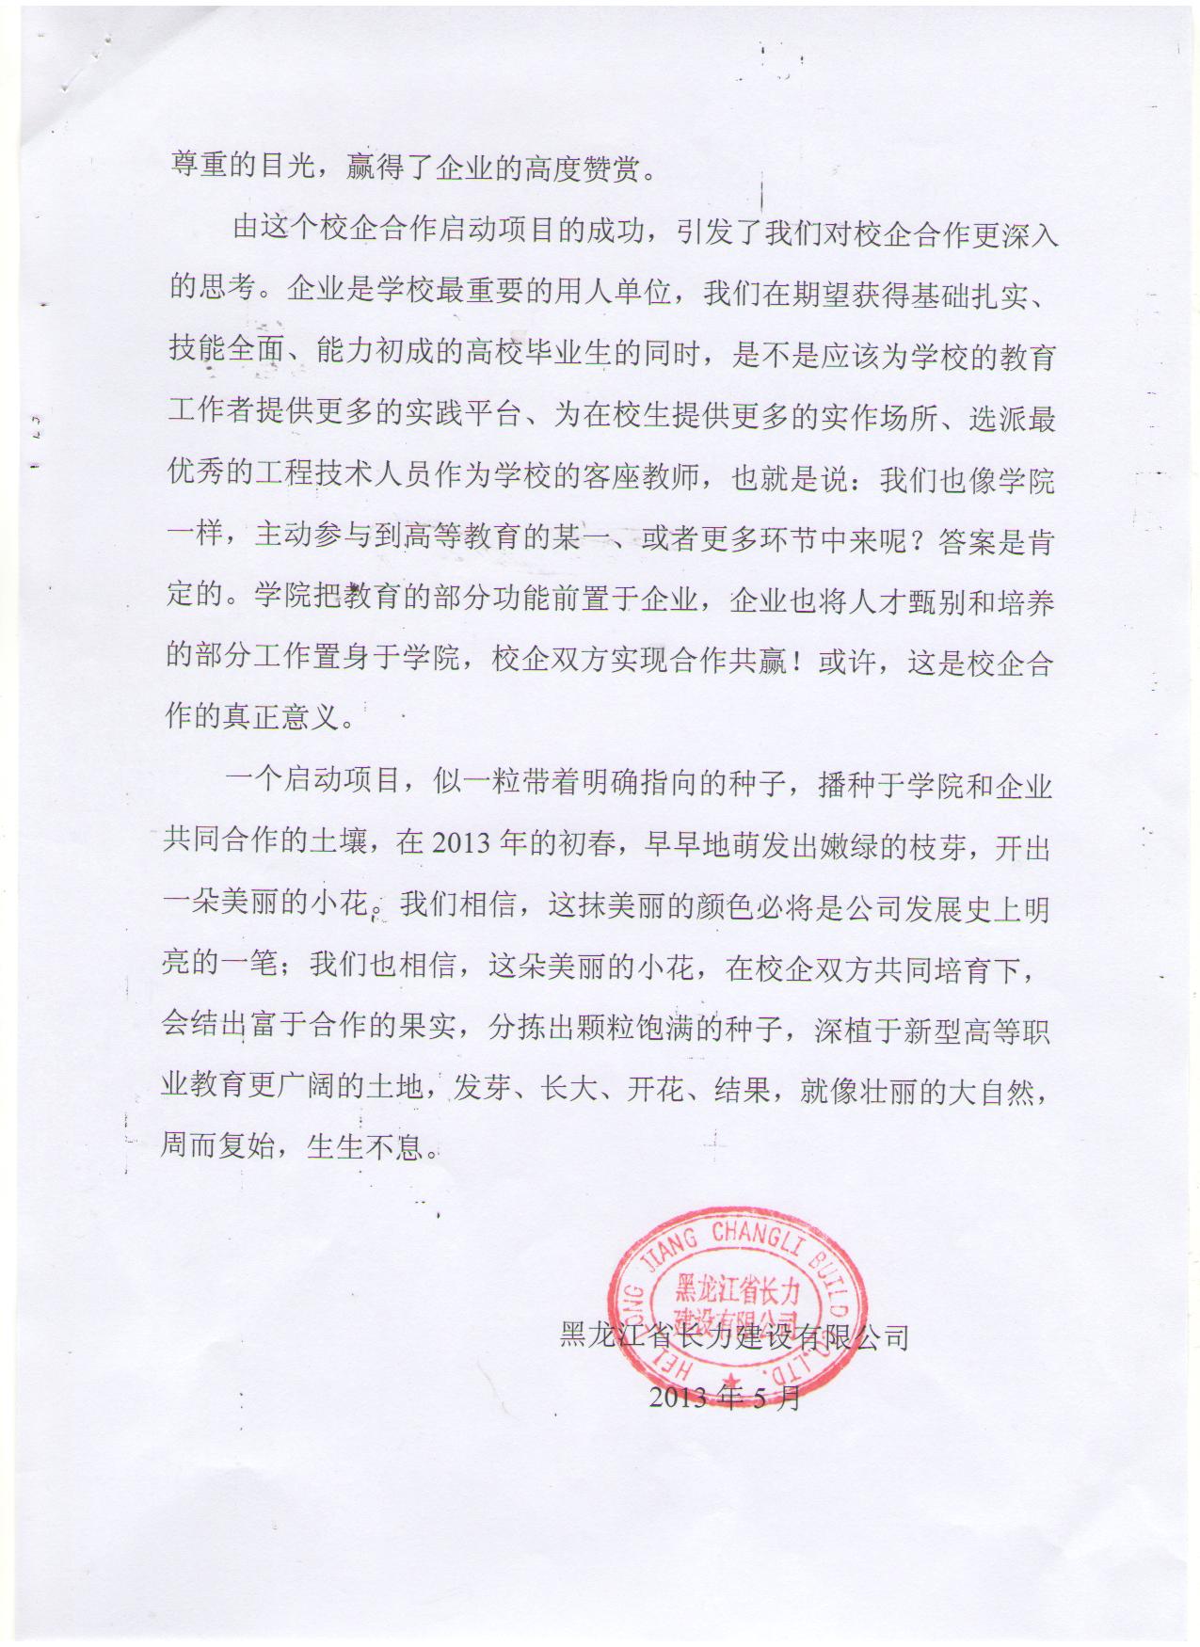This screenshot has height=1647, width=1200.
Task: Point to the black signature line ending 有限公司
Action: click(x=734, y=1335)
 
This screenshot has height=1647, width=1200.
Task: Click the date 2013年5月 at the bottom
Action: click(x=725, y=1397)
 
